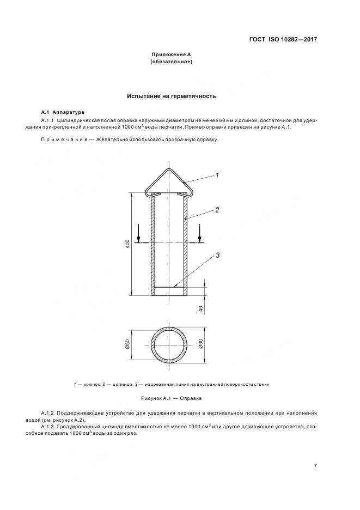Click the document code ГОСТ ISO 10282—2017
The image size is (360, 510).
(282, 39)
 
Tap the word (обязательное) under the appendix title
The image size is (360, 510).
(171, 62)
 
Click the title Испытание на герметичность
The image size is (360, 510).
(172, 96)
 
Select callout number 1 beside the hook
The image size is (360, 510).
(217, 175)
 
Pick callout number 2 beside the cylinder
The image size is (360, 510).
(217, 209)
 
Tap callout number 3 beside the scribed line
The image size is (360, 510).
(217, 254)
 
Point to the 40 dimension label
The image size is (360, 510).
(200, 308)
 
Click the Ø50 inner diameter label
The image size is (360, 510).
(127, 345)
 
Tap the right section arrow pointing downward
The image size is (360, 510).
(200, 234)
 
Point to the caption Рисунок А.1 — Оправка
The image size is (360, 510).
(171, 398)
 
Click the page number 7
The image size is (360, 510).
(315, 465)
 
